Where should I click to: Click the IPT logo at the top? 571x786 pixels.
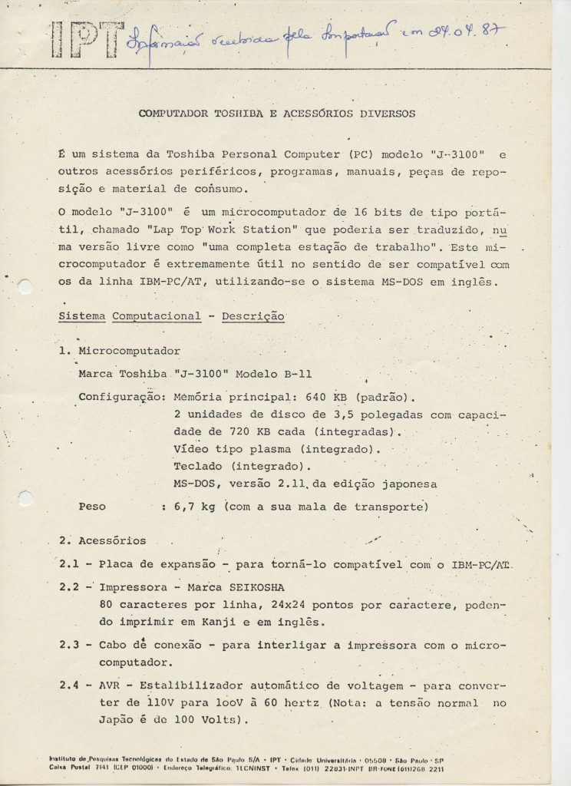click(86, 36)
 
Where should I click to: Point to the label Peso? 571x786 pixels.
click(93, 507)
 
